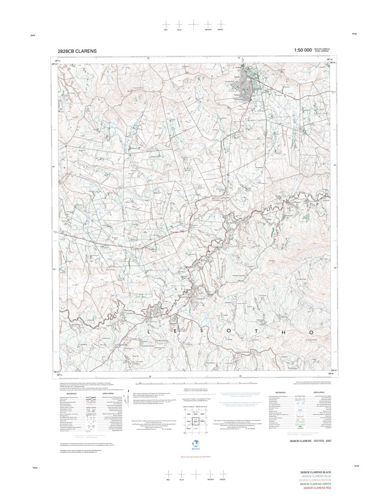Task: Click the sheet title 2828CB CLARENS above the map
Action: click(x=77, y=51)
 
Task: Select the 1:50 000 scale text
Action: click(x=303, y=50)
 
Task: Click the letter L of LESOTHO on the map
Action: click(x=148, y=331)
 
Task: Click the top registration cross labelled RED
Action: click(x=166, y=24)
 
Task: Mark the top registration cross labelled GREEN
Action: click(x=220, y=24)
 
